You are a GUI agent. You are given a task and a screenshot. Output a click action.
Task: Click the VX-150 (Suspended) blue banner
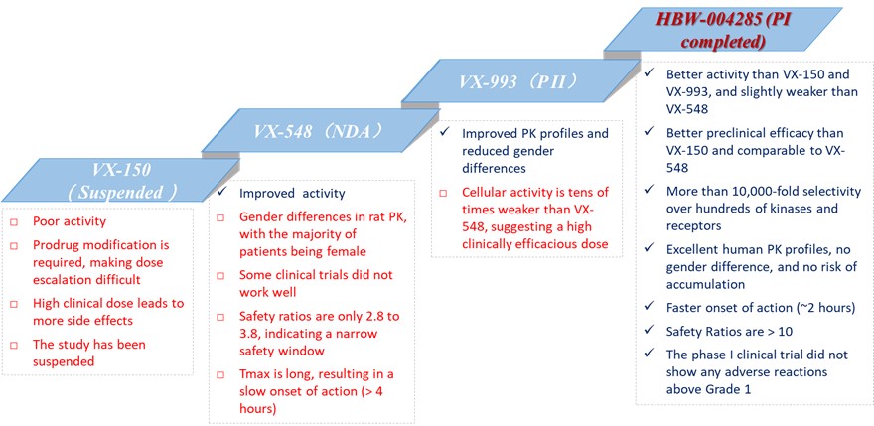pyautogui.click(x=120, y=180)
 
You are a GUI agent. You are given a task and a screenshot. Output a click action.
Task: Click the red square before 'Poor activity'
pyautogui.click(x=15, y=221)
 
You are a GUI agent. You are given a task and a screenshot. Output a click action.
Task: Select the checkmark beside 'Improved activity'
pyautogui.click(x=221, y=193)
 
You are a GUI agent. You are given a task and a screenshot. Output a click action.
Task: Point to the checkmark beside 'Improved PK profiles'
pyautogui.click(x=444, y=133)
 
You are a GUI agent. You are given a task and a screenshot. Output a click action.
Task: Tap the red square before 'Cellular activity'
pyautogui.click(x=444, y=193)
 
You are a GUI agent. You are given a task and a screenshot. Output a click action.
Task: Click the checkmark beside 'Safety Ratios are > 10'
pyautogui.click(x=650, y=331)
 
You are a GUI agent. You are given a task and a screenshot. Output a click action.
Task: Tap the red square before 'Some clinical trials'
pyautogui.click(x=221, y=276)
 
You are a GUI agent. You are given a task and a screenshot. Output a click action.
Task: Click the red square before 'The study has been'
pyautogui.click(x=15, y=346)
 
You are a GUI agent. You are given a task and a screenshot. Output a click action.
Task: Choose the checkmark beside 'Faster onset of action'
pyautogui.click(x=650, y=307)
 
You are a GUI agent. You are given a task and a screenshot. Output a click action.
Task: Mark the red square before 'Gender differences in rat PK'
pyautogui.click(x=221, y=218)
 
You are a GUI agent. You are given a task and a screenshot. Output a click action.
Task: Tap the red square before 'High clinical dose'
pyautogui.click(x=15, y=305)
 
